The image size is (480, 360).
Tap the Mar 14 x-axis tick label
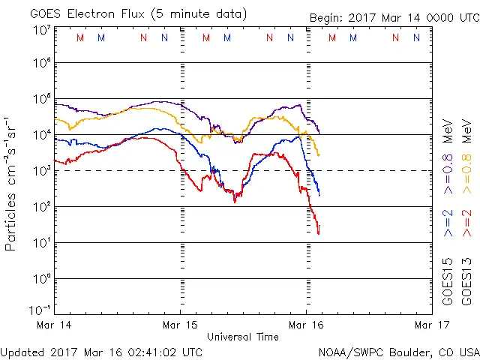[55, 325]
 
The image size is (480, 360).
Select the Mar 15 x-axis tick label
[180, 325]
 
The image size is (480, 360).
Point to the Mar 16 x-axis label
[306, 325]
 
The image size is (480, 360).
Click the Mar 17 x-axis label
[430, 325]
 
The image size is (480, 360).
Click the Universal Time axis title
[243, 337]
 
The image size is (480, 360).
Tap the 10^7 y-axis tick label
[42, 29]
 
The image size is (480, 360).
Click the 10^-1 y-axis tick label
[40, 310]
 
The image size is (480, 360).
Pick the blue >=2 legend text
[448, 223]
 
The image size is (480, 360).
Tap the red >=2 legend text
[469, 223]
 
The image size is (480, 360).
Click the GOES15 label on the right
[448, 282]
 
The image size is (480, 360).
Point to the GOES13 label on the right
[469, 282]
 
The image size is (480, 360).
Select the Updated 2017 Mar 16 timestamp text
[101, 351]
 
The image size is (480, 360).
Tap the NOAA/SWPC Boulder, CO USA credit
[398, 351]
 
